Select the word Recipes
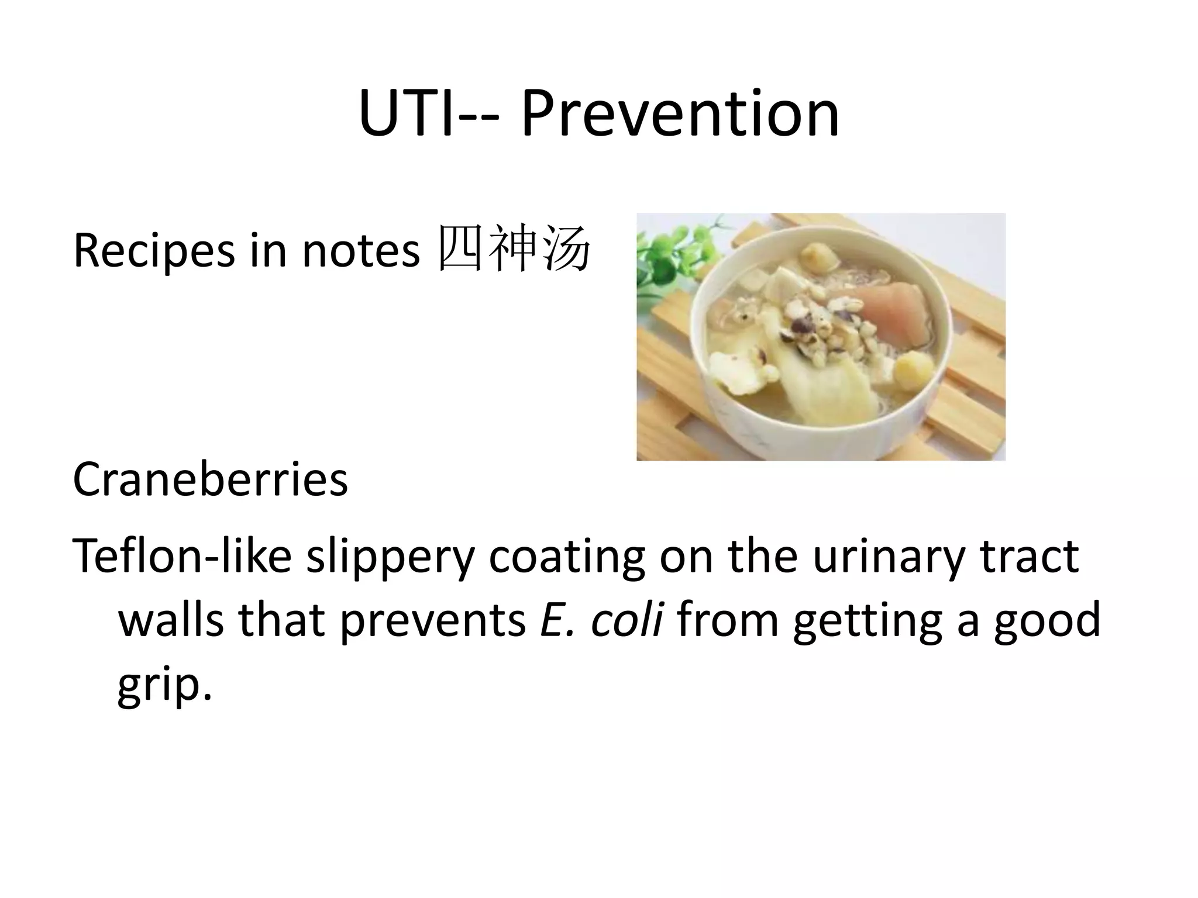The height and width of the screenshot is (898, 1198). point(153,251)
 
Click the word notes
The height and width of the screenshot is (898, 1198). point(360,251)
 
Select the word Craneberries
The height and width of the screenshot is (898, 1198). point(210,479)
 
